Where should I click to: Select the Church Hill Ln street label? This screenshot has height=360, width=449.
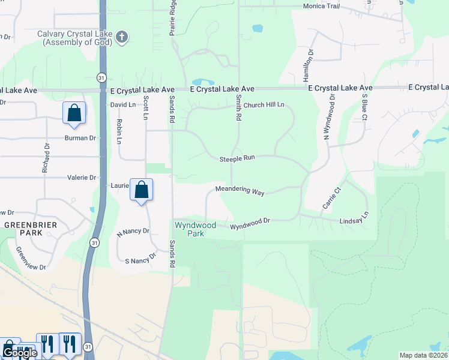point(259,105)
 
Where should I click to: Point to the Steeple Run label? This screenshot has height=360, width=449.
point(237,158)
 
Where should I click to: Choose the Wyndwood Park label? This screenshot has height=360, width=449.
point(195,229)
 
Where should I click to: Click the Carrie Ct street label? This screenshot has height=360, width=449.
point(331,198)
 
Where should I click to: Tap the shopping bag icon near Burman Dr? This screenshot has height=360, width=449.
point(74,113)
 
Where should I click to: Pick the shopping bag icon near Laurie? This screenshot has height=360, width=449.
point(141,190)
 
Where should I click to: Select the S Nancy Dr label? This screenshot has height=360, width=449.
point(140,259)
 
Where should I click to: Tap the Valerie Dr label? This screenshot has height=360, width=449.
point(82,178)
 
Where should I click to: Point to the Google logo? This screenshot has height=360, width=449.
point(19,353)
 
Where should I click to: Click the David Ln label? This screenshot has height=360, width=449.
point(122,104)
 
